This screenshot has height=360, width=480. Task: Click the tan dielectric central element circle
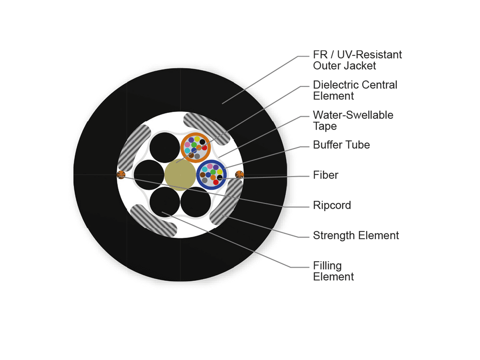tap(180, 175)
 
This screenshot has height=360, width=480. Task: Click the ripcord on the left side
tap(121, 175)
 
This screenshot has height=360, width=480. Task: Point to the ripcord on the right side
tap(239, 175)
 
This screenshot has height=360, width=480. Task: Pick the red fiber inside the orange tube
tap(204, 148)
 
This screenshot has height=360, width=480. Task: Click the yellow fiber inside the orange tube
tap(197, 139)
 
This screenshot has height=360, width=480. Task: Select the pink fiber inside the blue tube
tap(210, 166)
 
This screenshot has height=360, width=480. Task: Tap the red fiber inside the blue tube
tap(216, 182)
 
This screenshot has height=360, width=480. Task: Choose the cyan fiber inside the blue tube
tap(204, 169)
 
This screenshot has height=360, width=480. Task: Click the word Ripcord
tap(332, 206)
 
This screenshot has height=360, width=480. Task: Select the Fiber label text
tap(325, 175)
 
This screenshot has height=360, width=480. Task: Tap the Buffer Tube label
tap(341, 145)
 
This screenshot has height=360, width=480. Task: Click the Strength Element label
tap(356, 236)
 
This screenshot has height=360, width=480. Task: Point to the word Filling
tap(327, 266)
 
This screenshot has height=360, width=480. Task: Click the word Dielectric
tap(336, 85)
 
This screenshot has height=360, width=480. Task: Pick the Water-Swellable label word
tap(353, 115)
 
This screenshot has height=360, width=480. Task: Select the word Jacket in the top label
tap(361, 66)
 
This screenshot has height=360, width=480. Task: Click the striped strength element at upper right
tap(207, 128)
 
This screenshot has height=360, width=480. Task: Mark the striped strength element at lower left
tap(154, 220)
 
